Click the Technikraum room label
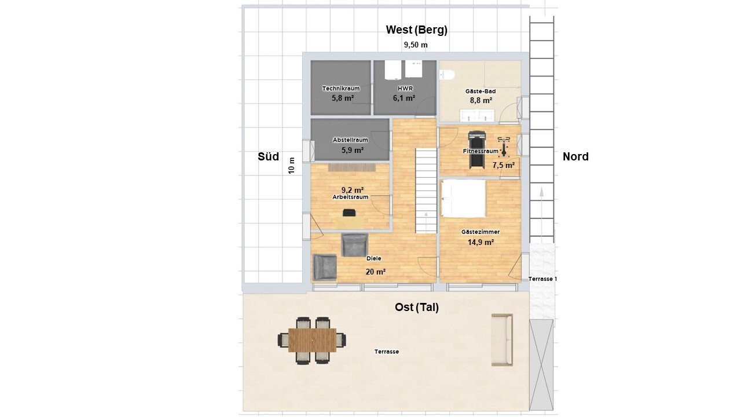341,89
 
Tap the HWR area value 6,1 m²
404,98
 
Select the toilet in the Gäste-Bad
446,75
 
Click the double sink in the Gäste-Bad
476,115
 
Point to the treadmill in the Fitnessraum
477,149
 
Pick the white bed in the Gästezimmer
464,198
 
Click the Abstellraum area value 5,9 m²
353,150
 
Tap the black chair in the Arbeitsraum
349,213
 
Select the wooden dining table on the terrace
312,340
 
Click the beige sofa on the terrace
502,340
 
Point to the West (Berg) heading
416,30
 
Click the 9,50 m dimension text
416,45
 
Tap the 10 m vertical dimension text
291,166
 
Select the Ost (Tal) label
417,308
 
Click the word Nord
575,156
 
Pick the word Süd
268,156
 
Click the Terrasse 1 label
542,279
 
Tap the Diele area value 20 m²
376,272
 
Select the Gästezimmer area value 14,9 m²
480,242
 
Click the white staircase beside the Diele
426,191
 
